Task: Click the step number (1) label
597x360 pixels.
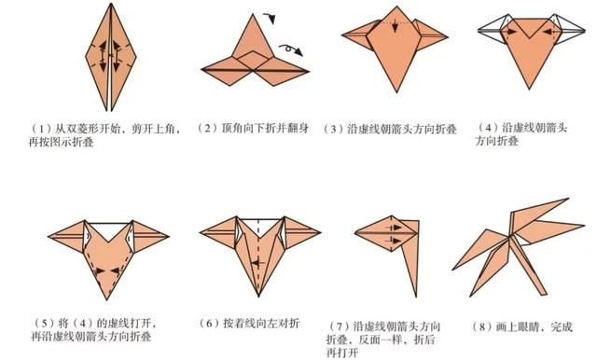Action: (41, 127)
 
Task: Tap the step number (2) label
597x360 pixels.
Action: (208, 127)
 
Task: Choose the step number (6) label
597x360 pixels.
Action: (208, 324)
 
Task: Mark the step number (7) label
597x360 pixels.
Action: (337, 324)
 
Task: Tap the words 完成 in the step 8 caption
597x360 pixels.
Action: (562, 324)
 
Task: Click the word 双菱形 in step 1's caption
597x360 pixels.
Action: (85, 127)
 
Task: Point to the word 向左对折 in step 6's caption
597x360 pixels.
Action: (277, 324)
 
